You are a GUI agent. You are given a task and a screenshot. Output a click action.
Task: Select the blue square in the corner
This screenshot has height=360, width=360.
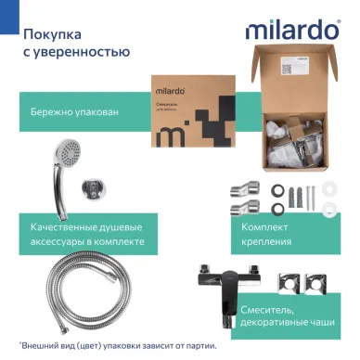(x=6, y=6)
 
